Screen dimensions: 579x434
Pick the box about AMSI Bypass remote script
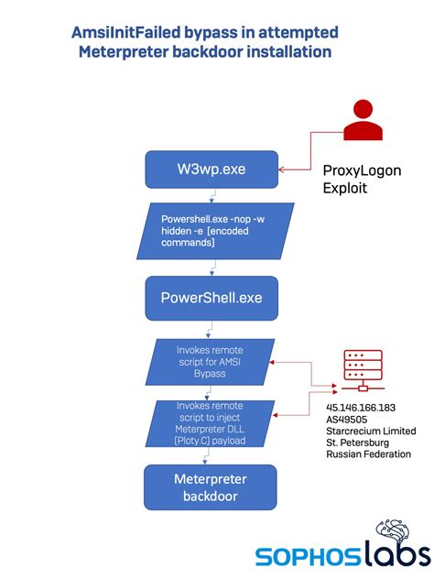point(212,362)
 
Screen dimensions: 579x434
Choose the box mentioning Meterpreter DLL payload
point(212,424)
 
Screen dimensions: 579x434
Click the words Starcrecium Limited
point(372,432)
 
